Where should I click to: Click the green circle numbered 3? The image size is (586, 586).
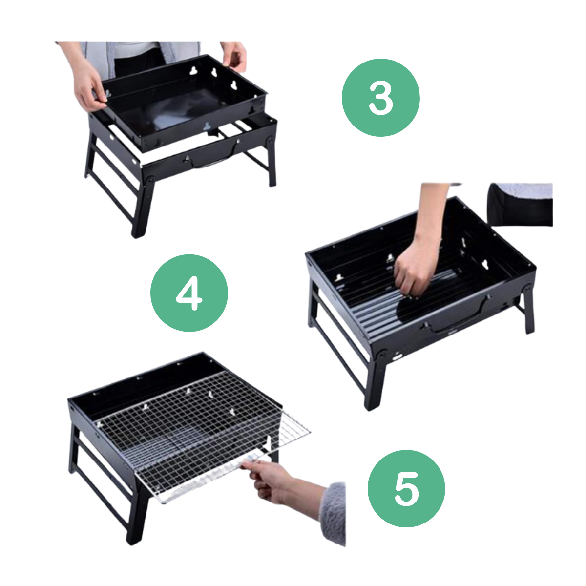click(380, 98)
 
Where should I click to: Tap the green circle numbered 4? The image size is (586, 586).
click(189, 293)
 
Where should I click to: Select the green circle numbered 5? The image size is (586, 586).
click(406, 489)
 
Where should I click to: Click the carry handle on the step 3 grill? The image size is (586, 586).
click(213, 157)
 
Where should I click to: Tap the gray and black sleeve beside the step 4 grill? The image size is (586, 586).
click(520, 204)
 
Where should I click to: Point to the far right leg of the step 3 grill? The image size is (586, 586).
click(272, 161)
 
